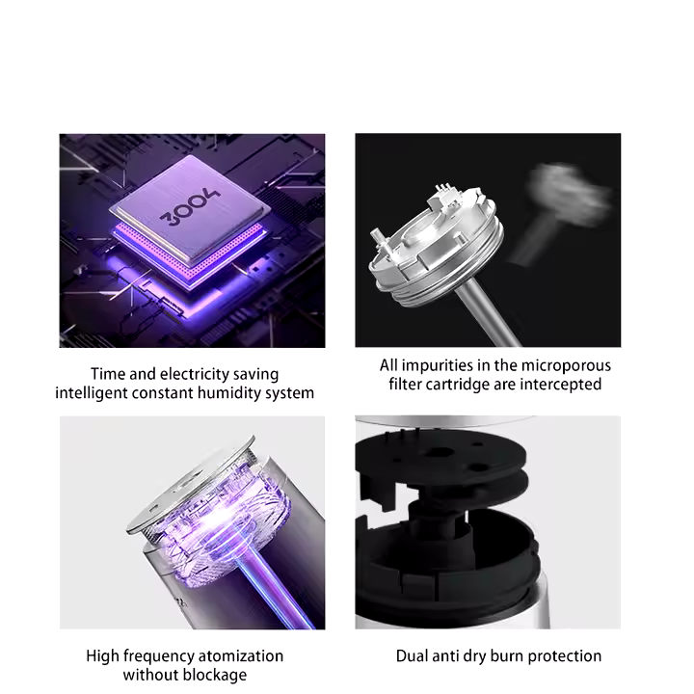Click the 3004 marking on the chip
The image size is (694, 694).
(190, 206)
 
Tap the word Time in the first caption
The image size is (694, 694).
(108, 374)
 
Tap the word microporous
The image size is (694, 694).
(566, 365)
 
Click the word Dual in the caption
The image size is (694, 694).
(412, 656)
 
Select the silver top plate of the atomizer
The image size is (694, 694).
(191, 483)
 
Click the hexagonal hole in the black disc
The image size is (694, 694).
(439, 452)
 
